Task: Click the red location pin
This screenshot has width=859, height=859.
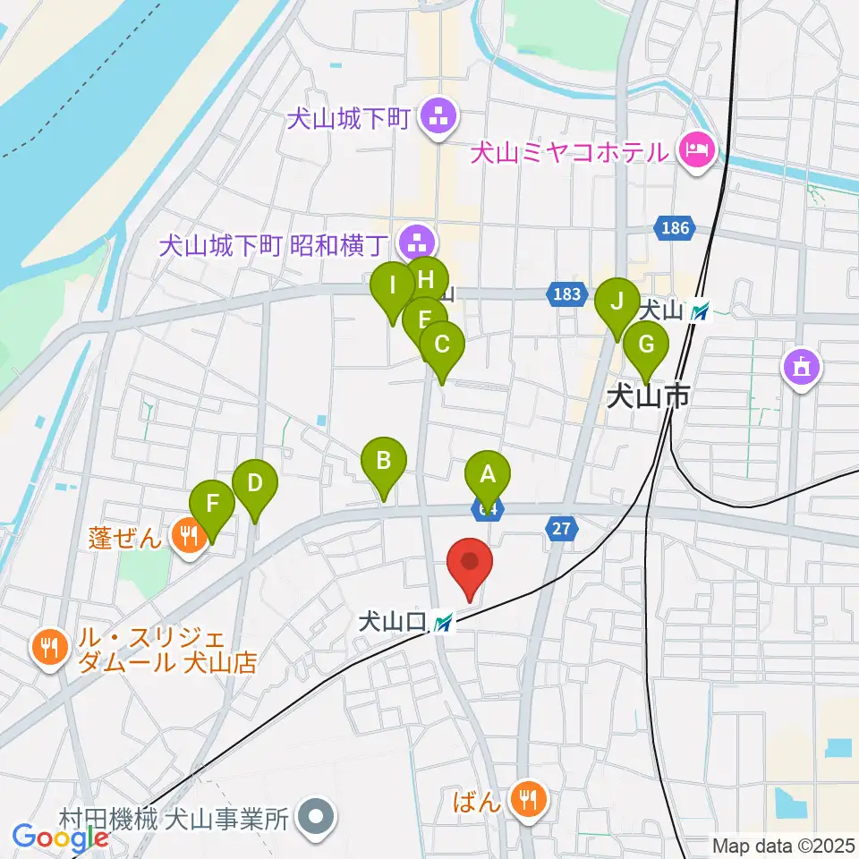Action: coord(470,564)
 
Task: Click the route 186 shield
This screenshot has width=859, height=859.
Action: coord(676,228)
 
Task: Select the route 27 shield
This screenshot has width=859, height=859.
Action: coord(561,530)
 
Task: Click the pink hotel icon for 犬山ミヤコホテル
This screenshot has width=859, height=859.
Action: coord(696,149)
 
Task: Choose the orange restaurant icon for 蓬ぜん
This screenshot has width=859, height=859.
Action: coord(188,537)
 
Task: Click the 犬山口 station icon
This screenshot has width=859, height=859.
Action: coord(443,623)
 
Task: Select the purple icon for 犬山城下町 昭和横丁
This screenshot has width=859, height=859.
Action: coord(416,242)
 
